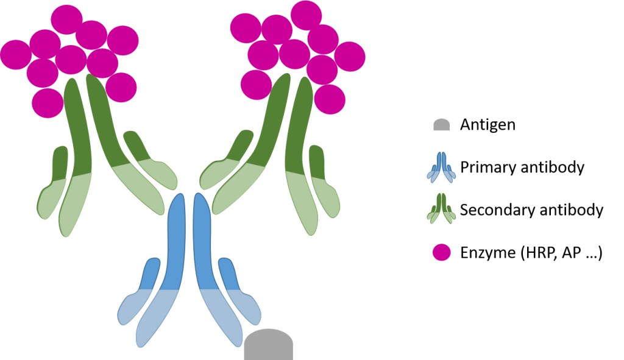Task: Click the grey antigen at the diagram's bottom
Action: tap(269, 345)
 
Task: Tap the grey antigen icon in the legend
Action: tap(441, 125)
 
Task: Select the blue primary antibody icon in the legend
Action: tap(441, 167)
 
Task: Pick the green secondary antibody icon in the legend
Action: tap(441, 210)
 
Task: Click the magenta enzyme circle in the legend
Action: tap(441, 252)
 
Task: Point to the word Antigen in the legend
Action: tap(487, 125)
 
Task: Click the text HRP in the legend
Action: tap(535, 252)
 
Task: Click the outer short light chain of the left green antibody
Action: tap(54, 183)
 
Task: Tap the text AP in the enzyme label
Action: tap(569, 252)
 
